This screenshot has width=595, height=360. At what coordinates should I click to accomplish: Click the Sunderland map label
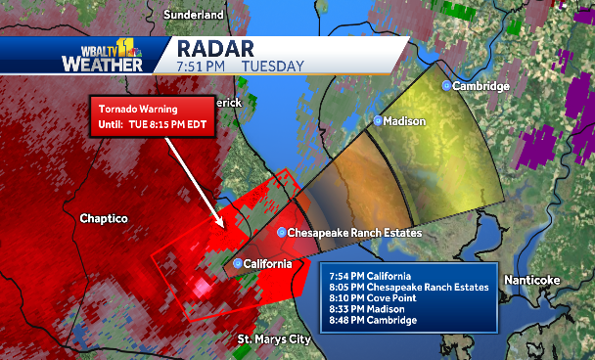tap(195, 16)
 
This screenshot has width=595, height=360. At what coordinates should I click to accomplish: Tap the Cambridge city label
tap(481, 86)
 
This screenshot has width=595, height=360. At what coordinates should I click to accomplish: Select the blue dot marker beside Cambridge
tap(447, 86)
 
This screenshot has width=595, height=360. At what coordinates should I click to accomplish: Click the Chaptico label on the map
tap(106, 219)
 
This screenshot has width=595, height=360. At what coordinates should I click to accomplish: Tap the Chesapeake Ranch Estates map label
tap(354, 233)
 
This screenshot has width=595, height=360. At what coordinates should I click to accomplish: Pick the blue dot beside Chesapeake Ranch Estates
tap(282, 233)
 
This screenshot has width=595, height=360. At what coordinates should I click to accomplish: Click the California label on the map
tap(266, 264)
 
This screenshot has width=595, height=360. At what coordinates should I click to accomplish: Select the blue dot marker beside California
tap(238, 264)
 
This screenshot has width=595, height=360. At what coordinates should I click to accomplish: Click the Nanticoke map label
tap(531, 280)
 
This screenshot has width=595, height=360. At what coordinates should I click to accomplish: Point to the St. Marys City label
tap(274, 339)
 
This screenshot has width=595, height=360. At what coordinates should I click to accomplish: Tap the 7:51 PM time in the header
tap(201, 67)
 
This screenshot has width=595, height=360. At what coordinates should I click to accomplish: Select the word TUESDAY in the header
tap(272, 67)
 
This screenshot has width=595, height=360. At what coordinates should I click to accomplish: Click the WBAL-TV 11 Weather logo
tap(104, 55)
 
